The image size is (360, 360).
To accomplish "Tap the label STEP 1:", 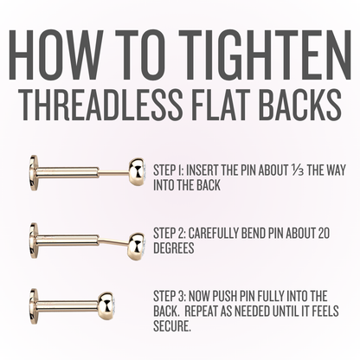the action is pyautogui.click(x=168, y=170).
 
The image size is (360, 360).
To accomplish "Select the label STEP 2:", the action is pyautogui.click(x=170, y=234).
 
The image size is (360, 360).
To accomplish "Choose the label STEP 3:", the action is pyautogui.click(x=170, y=296).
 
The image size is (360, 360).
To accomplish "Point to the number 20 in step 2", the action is pyautogui.click(x=323, y=234).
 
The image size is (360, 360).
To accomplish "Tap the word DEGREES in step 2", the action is pyautogui.click(x=174, y=248).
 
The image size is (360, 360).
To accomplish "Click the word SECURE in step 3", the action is pyautogui.click(x=172, y=326).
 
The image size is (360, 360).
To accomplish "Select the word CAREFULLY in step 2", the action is pyautogui.click(x=213, y=234).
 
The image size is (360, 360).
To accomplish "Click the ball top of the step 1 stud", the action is pyautogui.click(x=137, y=172).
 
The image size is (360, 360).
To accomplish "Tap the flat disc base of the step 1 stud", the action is pyautogui.click(x=34, y=170).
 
